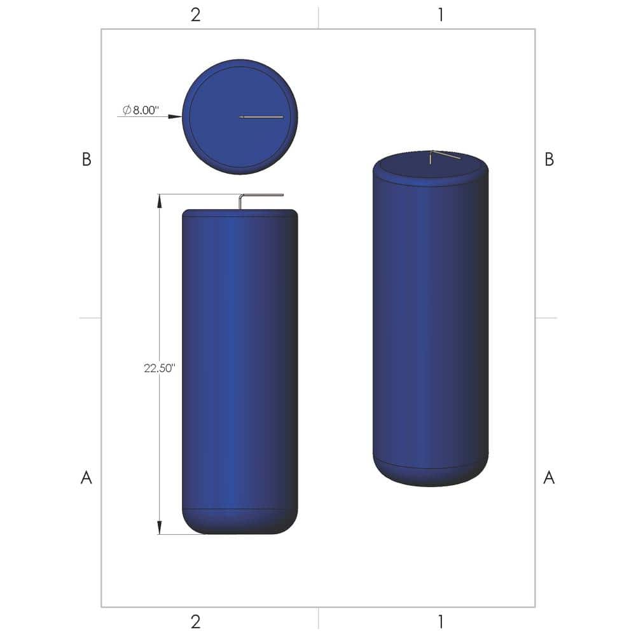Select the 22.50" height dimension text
point(159,368)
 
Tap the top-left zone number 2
point(195,15)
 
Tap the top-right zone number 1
point(440,15)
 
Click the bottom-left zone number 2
point(195,620)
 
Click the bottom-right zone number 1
point(440,620)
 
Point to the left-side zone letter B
point(86,160)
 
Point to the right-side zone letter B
point(550,160)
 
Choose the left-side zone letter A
point(86,478)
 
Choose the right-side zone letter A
point(550,478)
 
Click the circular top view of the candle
point(240,117)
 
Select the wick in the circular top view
point(261,117)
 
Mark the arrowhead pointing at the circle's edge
point(176,116)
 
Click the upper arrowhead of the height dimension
point(159,200)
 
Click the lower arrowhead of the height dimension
point(159,527)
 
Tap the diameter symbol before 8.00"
point(127,109)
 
